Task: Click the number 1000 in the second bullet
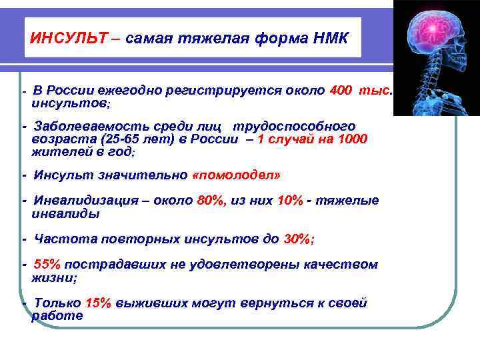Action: pos(353,139)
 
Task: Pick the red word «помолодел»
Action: pos(236,175)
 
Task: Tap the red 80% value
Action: pos(213,201)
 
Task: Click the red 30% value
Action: pos(298,239)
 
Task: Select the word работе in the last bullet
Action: pos(57,316)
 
